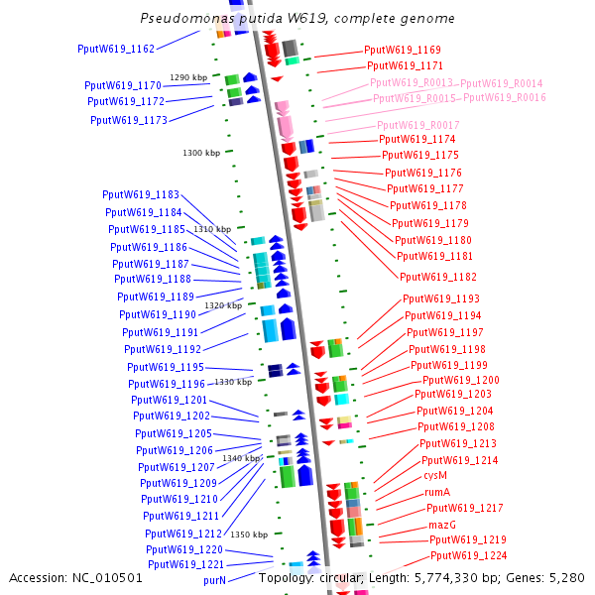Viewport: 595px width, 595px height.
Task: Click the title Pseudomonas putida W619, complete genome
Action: [x=297, y=19]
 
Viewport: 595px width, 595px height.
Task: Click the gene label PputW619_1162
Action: [x=116, y=49]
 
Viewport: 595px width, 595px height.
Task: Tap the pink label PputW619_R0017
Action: [x=417, y=125]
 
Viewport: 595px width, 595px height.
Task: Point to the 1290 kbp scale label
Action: [x=188, y=77]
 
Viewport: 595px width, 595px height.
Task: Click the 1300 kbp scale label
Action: [x=201, y=153]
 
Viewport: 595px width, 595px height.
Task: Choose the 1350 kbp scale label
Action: [x=249, y=535]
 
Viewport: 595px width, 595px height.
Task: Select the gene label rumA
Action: [x=437, y=492]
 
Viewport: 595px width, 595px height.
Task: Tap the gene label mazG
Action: [x=442, y=525]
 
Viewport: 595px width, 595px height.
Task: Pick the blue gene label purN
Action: [x=215, y=579]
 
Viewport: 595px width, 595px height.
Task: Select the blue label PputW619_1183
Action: [x=141, y=194]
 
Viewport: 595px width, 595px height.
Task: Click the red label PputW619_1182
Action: [x=438, y=277]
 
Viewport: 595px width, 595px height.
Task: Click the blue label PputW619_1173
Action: [x=129, y=120]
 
